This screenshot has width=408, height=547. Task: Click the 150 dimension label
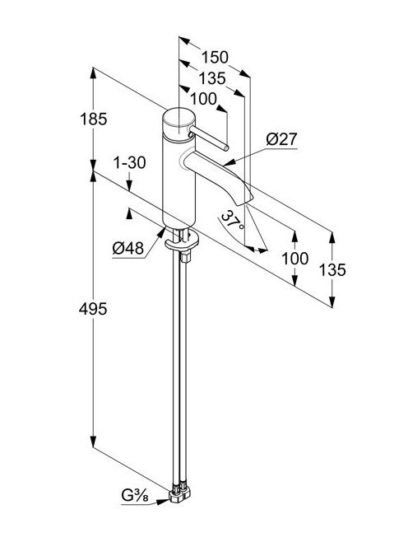[x=215, y=58]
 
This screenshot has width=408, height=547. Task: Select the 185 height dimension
[x=94, y=119]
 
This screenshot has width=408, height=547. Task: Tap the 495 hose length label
[x=93, y=309]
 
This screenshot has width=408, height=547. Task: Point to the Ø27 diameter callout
[x=281, y=139]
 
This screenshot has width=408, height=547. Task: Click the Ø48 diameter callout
[x=128, y=249]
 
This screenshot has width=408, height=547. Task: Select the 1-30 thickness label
[x=130, y=162]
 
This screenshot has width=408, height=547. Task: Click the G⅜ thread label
[x=134, y=495]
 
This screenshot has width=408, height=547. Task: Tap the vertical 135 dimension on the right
[x=332, y=270]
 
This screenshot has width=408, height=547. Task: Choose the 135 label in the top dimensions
[x=212, y=78]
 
